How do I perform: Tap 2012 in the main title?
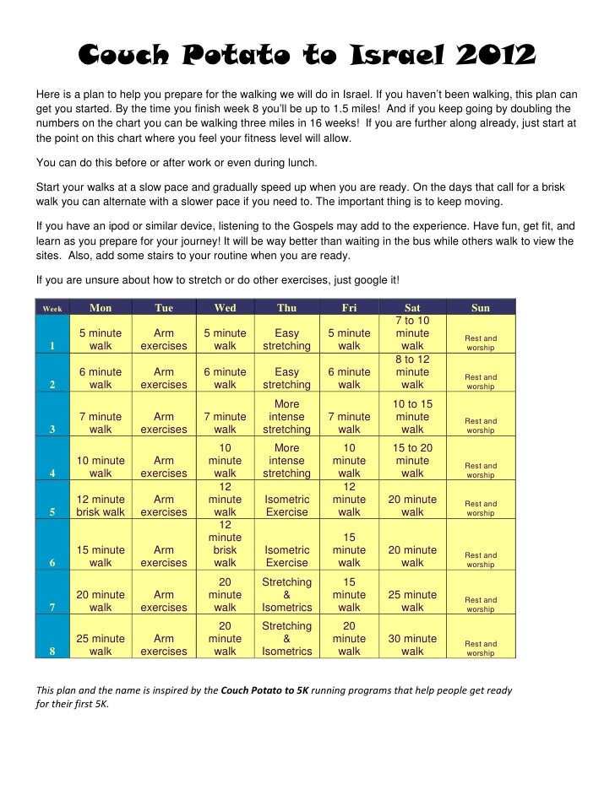495,57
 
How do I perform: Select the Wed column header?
226,308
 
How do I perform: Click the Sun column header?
480,308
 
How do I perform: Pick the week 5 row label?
52,511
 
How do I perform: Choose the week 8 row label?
52,652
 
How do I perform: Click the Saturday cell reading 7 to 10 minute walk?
412,333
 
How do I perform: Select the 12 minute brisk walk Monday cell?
101,506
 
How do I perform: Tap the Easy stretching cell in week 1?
287,339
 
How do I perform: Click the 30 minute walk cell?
412,645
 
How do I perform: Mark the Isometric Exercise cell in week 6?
287,556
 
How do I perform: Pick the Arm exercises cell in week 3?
164,423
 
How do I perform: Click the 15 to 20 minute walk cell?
412,461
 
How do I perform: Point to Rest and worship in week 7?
481,604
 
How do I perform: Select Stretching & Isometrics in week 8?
287,639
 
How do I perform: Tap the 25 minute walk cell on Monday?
101,645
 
